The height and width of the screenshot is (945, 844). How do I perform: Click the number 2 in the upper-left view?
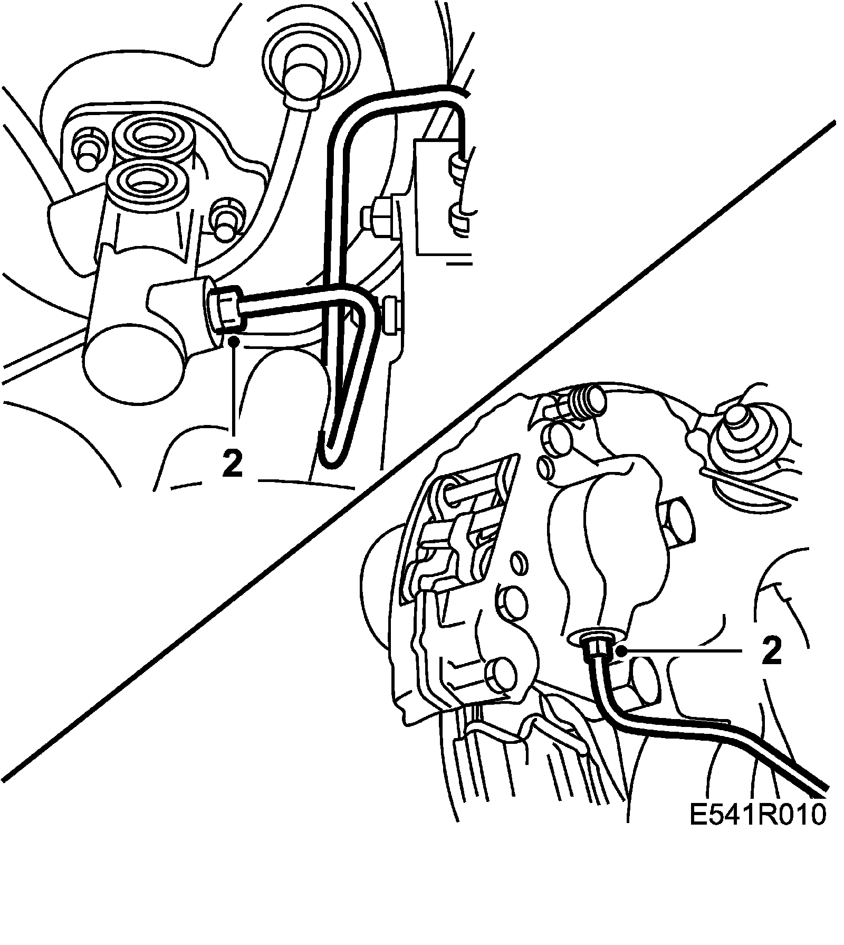(233, 464)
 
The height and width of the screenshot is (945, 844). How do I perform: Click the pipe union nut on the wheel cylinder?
(227, 311)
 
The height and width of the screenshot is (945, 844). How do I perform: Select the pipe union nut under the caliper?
(594, 646)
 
